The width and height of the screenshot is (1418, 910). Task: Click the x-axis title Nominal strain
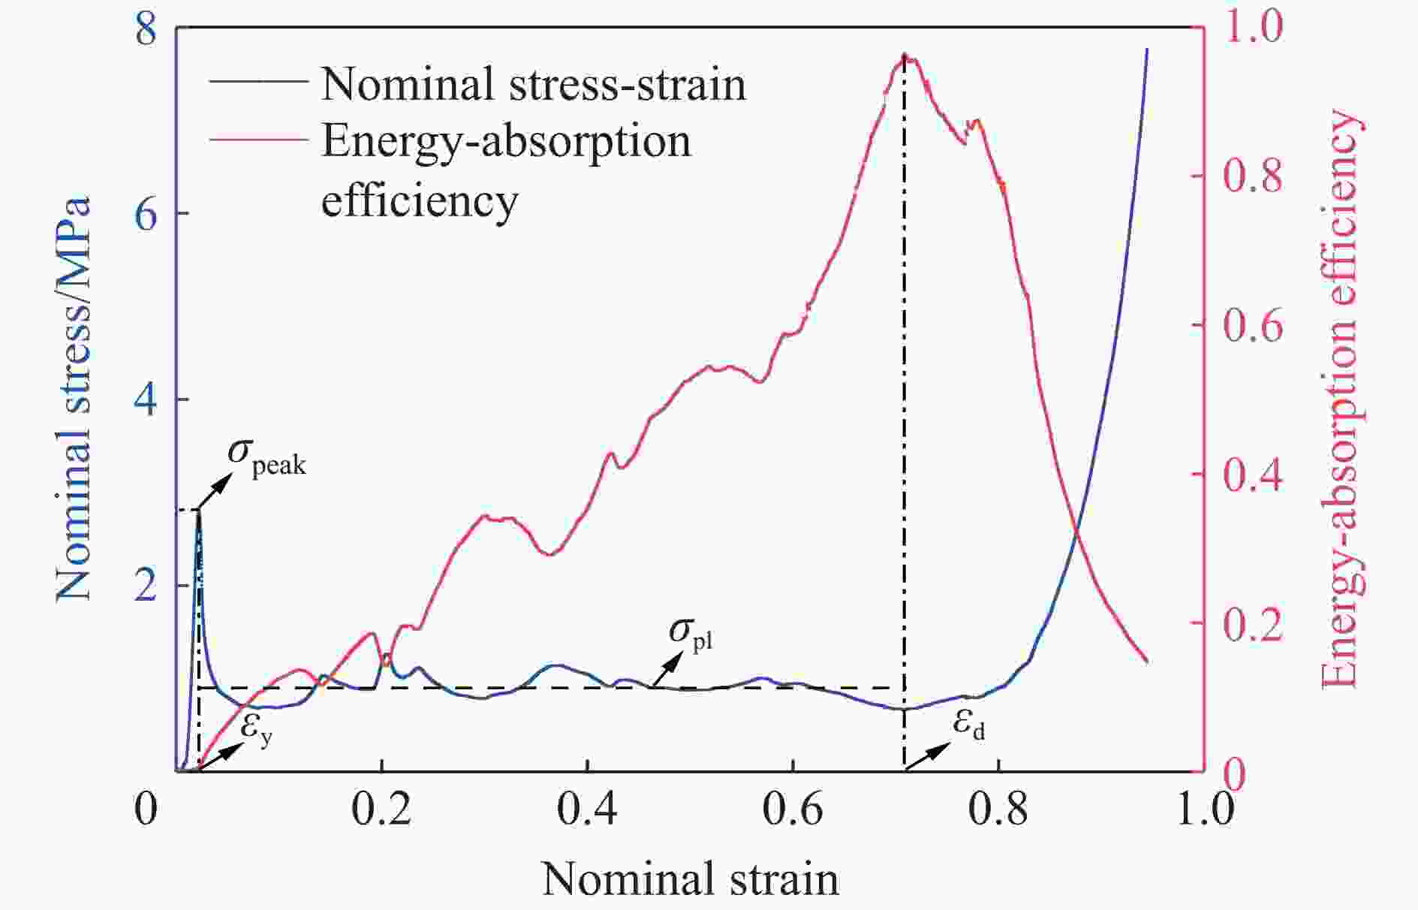tap(690, 878)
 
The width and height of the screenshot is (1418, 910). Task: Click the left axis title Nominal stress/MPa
tap(74, 398)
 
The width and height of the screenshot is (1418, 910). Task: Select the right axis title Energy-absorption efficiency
tap(1340, 398)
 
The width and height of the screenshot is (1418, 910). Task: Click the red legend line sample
tap(258, 140)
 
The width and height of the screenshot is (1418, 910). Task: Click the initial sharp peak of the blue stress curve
tap(198, 512)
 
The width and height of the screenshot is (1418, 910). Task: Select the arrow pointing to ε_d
tap(923, 757)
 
